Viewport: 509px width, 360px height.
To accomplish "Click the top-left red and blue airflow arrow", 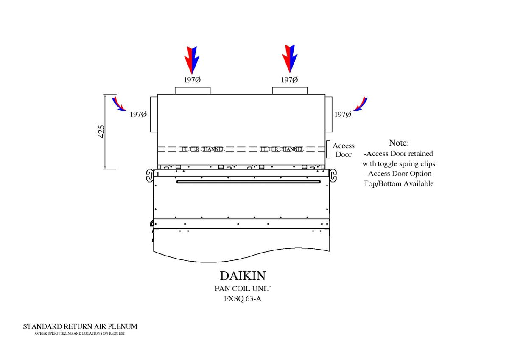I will point(191,59).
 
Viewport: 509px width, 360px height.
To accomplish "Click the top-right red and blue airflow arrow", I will point(290,58).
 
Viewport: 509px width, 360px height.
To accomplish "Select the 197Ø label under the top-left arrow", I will point(192,80).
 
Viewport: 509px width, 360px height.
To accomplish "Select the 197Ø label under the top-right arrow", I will point(289,80).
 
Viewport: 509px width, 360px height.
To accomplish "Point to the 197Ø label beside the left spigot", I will point(138,115).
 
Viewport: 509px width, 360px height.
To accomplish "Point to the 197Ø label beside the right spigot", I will point(343,115).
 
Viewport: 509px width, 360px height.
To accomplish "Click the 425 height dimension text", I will point(102,132).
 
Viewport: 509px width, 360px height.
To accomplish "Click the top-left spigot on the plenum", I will point(192,90).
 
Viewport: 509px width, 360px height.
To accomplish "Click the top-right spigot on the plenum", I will point(290,90).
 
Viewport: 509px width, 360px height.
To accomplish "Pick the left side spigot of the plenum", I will point(154,114).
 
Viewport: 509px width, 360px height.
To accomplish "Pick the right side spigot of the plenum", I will point(329,114).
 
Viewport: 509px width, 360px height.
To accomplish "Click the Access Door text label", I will point(344,150).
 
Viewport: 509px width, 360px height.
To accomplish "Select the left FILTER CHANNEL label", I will point(203,149).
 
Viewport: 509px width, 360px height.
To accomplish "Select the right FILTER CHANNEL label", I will point(282,149).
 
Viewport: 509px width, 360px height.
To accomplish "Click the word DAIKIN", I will point(243,276).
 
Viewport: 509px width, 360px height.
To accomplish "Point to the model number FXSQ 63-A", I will point(243,298).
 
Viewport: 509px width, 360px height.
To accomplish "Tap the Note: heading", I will point(399,143).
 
